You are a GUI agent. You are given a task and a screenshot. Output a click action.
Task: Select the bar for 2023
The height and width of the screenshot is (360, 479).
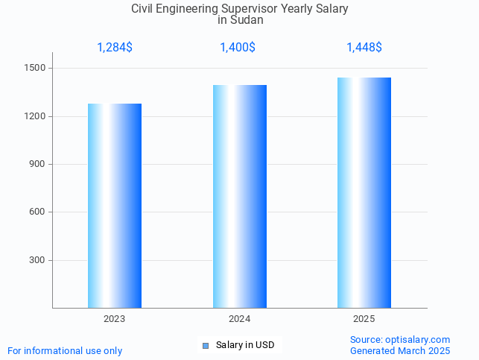pyautogui.click(x=115, y=206)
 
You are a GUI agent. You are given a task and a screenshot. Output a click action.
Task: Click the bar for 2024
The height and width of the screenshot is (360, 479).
pyautogui.click(x=239, y=196)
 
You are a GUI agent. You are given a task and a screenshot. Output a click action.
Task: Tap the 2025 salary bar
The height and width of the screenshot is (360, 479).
pyautogui.click(x=364, y=192)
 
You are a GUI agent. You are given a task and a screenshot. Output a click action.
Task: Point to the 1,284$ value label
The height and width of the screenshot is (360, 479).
pyautogui.click(x=115, y=48)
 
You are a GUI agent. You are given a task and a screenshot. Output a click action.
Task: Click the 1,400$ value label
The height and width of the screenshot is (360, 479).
pyautogui.click(x=238, y=48)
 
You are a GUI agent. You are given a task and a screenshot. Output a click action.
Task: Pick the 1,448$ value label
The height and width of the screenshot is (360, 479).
pyautogui.click(x=364, y=48)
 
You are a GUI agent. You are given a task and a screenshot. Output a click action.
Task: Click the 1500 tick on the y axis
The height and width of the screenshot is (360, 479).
pyautogui.click(x=36, y=69)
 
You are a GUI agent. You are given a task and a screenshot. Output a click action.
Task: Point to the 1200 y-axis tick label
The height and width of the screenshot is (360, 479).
pyautogui.click(x=36, y=116)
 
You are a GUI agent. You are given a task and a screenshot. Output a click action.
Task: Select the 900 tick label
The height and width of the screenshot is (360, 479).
pyautogui.click(x=38, y=164)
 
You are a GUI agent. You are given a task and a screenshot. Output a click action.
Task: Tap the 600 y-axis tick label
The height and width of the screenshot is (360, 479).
pyautogui.click(x=38, y=212)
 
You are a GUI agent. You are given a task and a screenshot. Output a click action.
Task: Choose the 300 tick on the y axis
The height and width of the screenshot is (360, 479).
pyautogui.click(x=38, y=260)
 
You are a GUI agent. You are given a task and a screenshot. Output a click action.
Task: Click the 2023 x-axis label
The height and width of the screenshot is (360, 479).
pyautogui.click(x=115, y=319)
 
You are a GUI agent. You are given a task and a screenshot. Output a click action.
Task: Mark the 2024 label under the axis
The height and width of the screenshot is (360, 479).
pyautogui.click(x=239, y=319)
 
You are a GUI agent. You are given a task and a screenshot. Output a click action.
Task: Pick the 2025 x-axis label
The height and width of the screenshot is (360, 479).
pyautogui.click(x=364, y=319)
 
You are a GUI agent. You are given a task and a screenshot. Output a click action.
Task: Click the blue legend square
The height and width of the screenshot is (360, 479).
pyautogui.click(x=206, y=346)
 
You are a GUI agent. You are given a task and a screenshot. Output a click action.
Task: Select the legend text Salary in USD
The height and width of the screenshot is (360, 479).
pyautogui.click(x=245, y=345)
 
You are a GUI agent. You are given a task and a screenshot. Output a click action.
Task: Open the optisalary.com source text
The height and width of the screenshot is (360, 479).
pyautogui.click(x=400, y=340)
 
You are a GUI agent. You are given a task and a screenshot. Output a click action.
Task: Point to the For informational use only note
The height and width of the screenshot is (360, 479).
pyautogui.click(x=65, y=350)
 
